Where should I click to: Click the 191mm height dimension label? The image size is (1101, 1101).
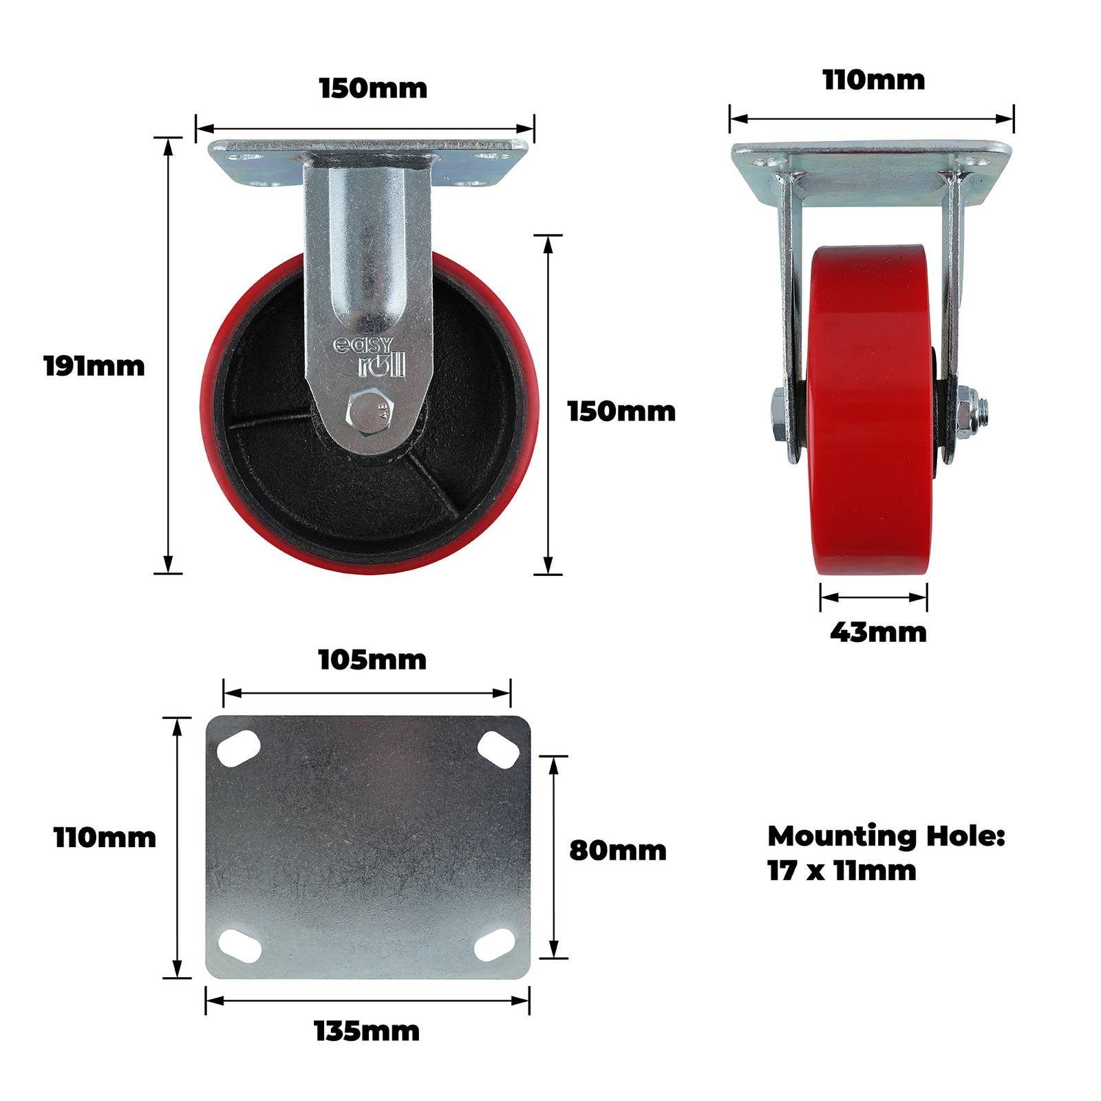click(94, 365)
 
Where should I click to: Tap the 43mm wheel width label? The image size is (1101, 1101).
click(878, 632)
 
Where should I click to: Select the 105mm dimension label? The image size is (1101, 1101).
click(372, 660)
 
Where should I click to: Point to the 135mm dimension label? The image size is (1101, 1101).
click(367, 1031)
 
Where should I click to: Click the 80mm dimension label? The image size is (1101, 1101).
click(618, 851)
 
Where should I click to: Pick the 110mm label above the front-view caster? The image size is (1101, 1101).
click(874, 81)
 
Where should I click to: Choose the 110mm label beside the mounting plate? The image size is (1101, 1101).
click(105, 838)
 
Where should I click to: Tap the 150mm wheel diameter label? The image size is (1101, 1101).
click(621, 411)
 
